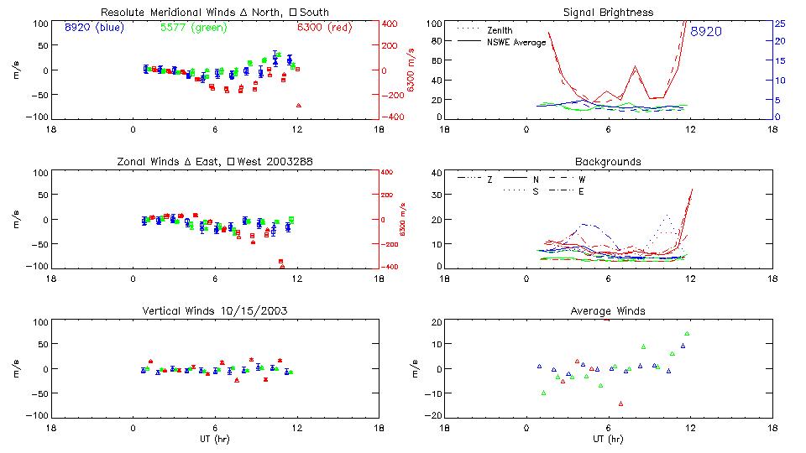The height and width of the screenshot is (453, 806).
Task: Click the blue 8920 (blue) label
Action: [x=93, y=28]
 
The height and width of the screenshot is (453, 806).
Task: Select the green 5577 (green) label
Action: [x=192, y=28]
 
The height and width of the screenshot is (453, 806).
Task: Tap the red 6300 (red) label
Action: [x=324, y=28]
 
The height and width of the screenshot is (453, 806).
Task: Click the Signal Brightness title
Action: [x=608, y=13]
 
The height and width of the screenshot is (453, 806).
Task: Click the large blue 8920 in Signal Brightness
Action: [x=707, y=32]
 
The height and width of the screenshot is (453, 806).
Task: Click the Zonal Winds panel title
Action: [x=214, y=161]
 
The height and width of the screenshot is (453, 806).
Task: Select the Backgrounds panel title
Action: [x=608, y=161]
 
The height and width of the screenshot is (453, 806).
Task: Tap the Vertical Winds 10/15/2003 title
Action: [x=214, y=311]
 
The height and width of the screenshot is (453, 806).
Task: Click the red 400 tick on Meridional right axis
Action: [x=391, y=23]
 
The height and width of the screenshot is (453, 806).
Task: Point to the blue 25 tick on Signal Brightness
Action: [x=779, y=23]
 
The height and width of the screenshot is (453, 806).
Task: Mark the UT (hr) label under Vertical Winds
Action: [x=214, y=439]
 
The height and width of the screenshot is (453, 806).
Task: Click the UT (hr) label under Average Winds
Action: [x=608, y=439]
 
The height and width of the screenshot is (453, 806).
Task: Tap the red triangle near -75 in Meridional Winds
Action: [x=298, y=105]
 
